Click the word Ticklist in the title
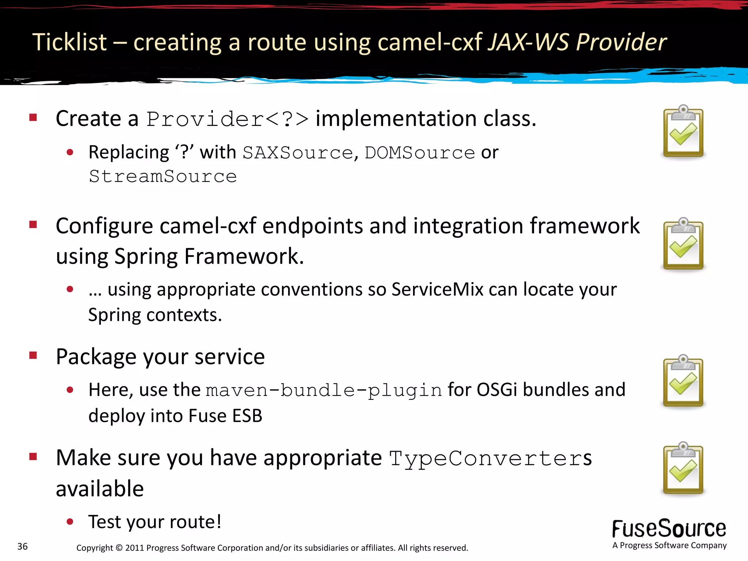point(69,42)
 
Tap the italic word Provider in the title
point(621,42)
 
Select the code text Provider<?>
point(228,119)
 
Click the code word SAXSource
point(298,153)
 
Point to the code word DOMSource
point(420,153)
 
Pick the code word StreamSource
point(163,177)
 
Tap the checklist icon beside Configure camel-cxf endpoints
point(683,244)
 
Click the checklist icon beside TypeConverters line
point(683,468)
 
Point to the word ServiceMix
point(437,290)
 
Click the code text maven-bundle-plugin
point(324,390)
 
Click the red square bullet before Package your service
point(33,355)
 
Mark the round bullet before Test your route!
point(70,522)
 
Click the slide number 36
point(23,546)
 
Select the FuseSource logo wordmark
point(669,528)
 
